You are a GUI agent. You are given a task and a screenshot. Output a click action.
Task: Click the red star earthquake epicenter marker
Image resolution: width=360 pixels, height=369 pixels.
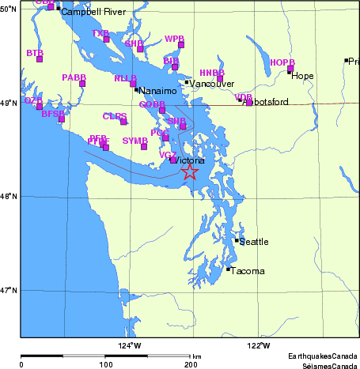pyautogui.click(x=190, y=171)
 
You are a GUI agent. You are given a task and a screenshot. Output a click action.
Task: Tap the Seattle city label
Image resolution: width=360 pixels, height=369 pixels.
pyautogui.click(x=254, y=242)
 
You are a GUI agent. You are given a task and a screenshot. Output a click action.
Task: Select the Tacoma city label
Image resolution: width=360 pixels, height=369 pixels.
pyautogui.click(x=248, y=271)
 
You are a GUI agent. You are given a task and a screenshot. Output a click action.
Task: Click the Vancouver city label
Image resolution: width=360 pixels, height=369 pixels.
pyautogui.click(x=212, y=83)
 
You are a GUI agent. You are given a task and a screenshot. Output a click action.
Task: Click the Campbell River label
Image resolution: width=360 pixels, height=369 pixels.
pyautogui.click(x=88, y=13)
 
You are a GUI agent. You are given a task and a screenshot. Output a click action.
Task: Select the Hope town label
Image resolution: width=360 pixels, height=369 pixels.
pyautogui.click(x=303, y=76)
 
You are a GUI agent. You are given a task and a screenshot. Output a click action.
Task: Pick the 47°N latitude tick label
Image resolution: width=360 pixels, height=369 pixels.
pyautogui.click(x=9, y=291)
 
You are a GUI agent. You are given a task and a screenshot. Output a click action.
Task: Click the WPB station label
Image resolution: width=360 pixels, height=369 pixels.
pyautogui.click(x=174, y=39)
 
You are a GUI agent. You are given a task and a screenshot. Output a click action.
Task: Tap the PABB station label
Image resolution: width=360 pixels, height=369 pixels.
pyautogui.click(x=74, y=77)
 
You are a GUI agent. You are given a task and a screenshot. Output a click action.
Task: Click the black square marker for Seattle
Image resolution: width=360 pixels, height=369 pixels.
pyautogui.click(x=237, y=240)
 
